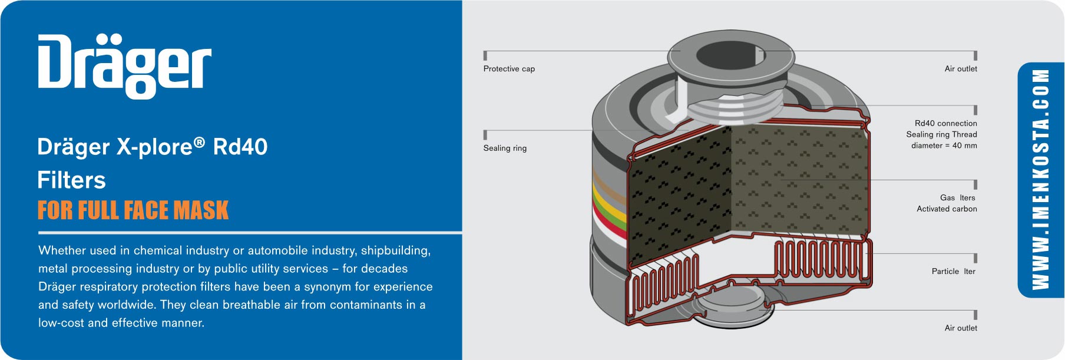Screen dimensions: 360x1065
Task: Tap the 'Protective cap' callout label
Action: [509, 69]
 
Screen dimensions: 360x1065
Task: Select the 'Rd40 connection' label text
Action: [945, 123]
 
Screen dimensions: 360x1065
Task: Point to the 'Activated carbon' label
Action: [947, 209]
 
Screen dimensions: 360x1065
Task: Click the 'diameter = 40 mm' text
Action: [944, 146]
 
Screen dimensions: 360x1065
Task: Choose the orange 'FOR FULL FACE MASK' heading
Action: [133, 210]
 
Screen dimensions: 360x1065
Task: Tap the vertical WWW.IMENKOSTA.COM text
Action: [1041, 180]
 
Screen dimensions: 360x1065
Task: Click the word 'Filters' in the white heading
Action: [71, 180]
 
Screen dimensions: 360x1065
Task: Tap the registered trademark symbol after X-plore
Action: [200, 142]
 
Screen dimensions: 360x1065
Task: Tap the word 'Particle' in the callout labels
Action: [945, 271]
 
